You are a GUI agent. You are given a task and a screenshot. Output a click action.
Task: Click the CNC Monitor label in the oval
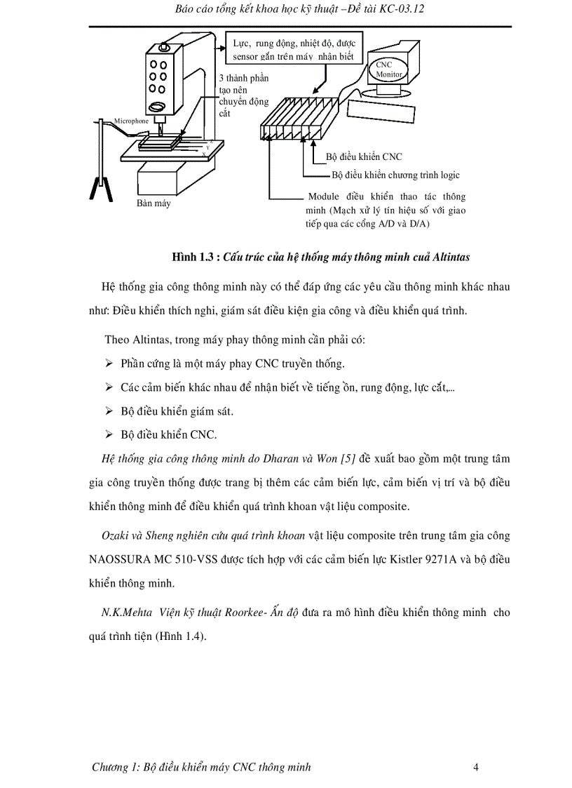385,69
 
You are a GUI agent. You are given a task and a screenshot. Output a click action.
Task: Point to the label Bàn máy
154,203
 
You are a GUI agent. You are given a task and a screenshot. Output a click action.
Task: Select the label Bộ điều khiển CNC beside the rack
364,157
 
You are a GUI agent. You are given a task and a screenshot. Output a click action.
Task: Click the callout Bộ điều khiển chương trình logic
395,175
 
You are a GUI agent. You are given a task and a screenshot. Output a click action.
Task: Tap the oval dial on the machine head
158,107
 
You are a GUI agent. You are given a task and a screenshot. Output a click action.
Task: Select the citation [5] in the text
347,460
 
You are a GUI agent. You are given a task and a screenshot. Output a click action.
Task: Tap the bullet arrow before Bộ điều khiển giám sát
109,411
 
